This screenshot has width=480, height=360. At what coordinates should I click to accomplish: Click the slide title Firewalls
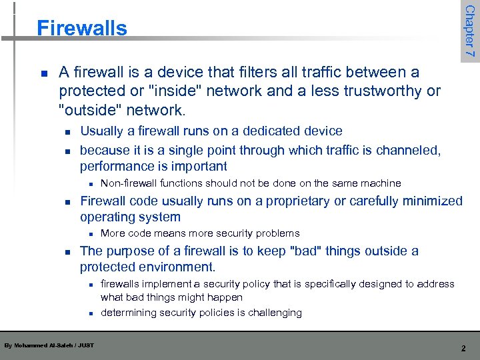tap(81, 28)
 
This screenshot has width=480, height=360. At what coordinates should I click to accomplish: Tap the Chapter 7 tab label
tap(469, 31)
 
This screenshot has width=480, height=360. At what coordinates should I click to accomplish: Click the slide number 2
tap(463, 348)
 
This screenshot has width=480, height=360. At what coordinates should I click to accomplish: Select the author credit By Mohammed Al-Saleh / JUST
tap(49, 345)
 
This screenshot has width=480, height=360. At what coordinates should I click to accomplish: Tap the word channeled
tap(407, 151)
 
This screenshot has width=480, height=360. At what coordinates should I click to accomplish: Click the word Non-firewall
tap(129, 183)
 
